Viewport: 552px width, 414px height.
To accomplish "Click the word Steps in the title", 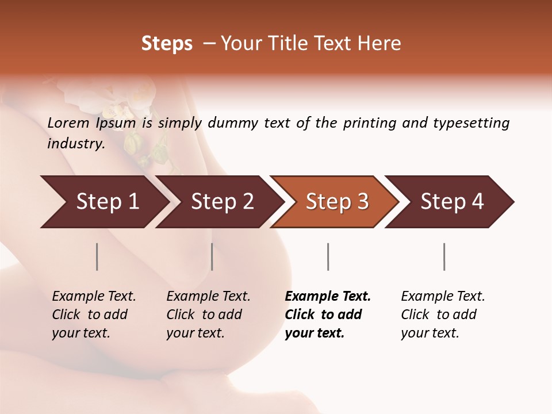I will click(167, 44).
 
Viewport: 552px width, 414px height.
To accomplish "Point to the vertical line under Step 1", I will click(97, 256).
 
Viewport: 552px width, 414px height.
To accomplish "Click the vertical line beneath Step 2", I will click(212, 256).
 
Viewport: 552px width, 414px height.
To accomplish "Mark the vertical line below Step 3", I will click(328, 256).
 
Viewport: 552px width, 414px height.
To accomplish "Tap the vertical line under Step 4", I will click(444, 256).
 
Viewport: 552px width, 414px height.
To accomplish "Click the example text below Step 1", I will click(94, 315).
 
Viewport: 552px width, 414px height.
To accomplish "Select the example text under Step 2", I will click(208, 315).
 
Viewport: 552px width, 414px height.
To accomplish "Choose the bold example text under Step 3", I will click(328, 315).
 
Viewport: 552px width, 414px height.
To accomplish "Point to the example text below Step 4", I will click(443, 315).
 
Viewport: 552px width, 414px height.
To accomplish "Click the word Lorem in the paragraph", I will click(68, 123).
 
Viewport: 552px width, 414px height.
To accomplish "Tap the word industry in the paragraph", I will click(76, 144).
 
